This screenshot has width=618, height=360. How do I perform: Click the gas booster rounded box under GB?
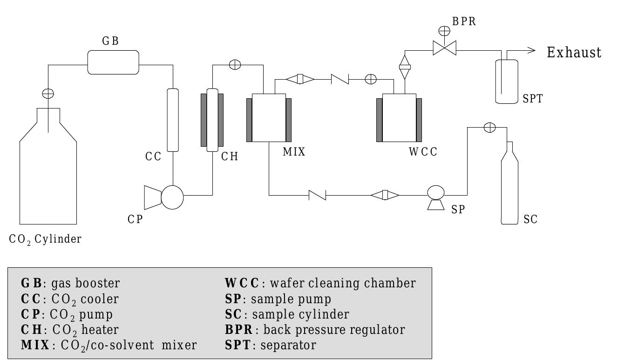[x=114, y=62]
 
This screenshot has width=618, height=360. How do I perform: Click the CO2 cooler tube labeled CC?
[x=173, y=120]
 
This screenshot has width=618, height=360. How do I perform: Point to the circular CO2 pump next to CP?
[x=172, y=198]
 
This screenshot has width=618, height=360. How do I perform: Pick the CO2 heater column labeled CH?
[x=212, y=120]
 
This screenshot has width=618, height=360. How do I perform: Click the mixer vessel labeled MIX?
[x=269, y=118]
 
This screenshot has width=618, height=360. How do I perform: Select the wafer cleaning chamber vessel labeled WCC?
[x=399, y=118]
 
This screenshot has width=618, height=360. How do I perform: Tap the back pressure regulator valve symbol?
[x=444, y=48]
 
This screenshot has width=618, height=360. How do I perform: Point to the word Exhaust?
[x=574, y=53]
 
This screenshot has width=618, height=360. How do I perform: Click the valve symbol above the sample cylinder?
[x=489, y=128]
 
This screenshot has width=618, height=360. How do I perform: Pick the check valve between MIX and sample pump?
[x=317, y=195]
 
